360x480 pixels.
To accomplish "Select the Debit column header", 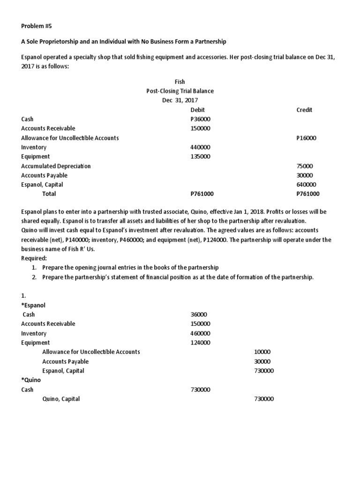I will click(x=198, y=110).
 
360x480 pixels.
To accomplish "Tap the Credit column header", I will click(x=304, y=110).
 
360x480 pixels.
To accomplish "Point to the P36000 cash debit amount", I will click(x=200, y=119).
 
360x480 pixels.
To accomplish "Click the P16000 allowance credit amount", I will click(x=307, y=138).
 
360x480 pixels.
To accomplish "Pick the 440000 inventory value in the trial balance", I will click(x=200, y=147).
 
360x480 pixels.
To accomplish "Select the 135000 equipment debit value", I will click(x=200, y=157).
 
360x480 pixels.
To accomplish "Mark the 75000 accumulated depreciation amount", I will click(x=305, y=166).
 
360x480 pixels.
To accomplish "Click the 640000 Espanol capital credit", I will click(x=306, y=185).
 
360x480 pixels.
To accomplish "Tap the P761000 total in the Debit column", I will click(x=202, y=194).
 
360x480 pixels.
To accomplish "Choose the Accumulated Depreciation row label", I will click(x=56, y=166).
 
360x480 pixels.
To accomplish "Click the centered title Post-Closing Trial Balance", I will click(x=180, y=91).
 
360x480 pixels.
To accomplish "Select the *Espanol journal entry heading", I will click(x=33, y=305).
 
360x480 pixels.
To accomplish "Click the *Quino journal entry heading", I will click(x=31, y=380).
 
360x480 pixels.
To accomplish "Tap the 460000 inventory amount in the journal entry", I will click(x=200, y=333).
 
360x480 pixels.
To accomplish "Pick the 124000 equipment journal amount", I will click(x=200, y=343).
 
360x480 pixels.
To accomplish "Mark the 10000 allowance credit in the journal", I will click(x=262, y=352).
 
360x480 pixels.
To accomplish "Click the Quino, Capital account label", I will click(x=61, y=399).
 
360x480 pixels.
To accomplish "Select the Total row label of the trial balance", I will click(x=49, y=194).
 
